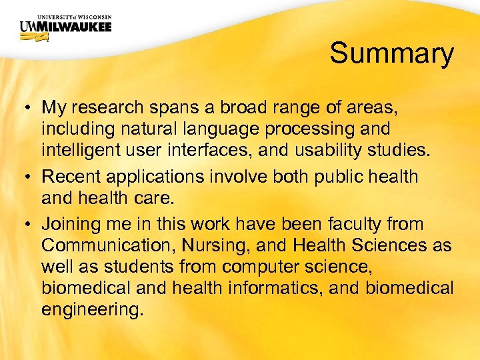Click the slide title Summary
(x=391, y=53)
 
